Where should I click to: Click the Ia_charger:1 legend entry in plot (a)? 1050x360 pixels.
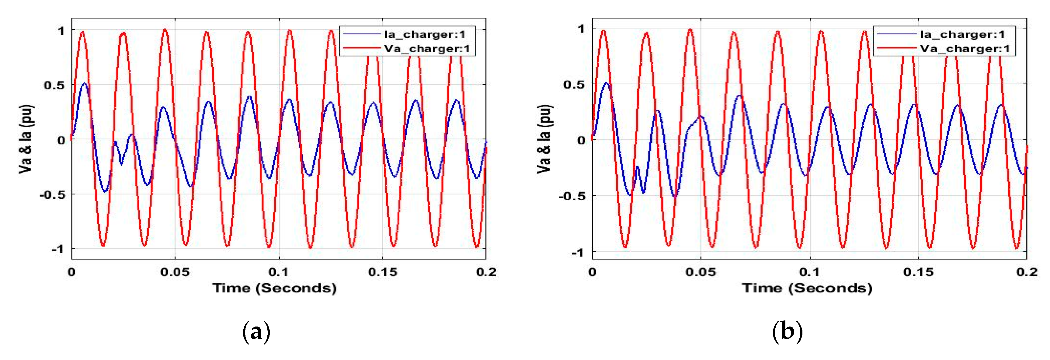click(424, 34)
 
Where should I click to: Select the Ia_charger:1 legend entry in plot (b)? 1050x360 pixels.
click(962, 34)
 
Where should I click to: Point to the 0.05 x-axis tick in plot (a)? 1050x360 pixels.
click(175, 272)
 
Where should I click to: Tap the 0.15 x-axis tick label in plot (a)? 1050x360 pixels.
click(382, 272)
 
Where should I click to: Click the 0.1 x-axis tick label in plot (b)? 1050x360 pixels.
click(809, 272)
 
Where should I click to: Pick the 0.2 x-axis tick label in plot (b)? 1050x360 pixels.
click(1027, 272)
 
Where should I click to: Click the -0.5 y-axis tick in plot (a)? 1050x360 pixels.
click(52, 195)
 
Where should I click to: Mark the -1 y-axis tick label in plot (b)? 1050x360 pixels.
click(577, 252)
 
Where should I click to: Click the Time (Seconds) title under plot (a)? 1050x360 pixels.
click(274, 288)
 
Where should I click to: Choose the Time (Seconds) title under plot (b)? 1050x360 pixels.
click(807, 288)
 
